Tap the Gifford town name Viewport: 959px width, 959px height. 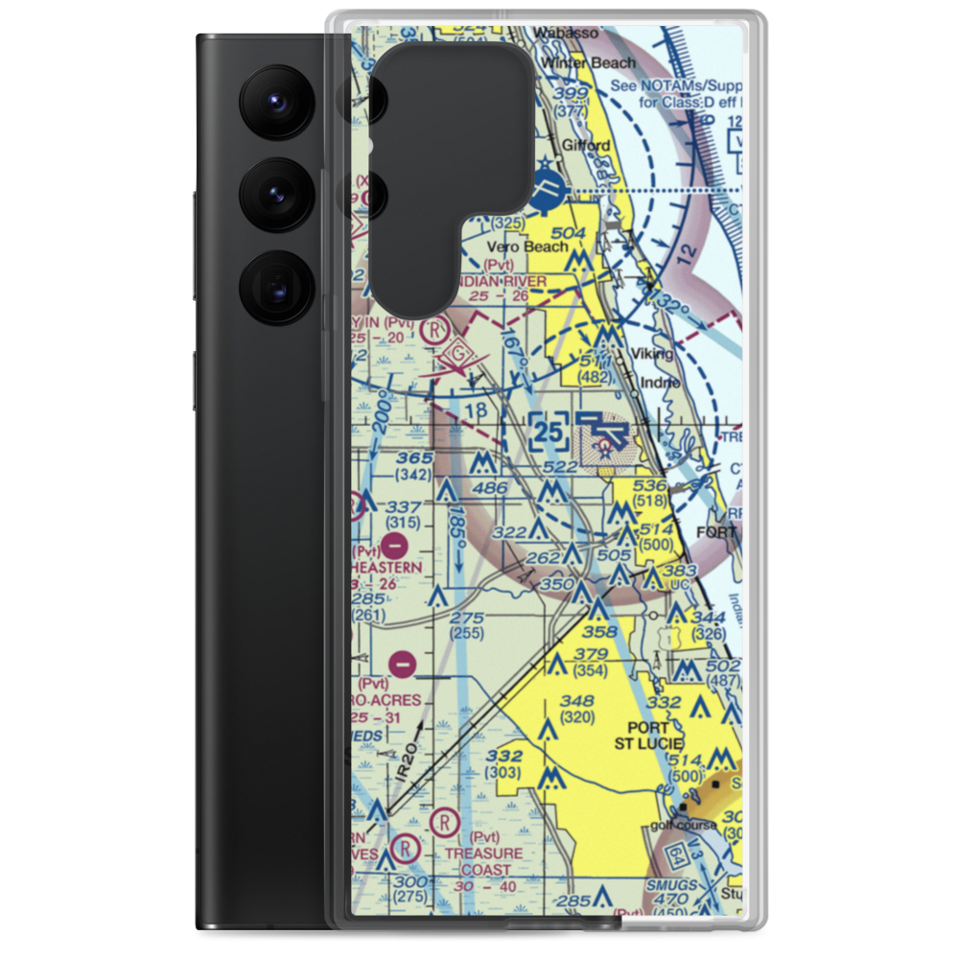586,146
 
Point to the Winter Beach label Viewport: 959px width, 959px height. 588,63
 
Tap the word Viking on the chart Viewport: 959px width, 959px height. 652,353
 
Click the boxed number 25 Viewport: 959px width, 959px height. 548,433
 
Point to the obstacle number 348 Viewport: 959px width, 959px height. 577,700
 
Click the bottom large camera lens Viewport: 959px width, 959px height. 273,288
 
